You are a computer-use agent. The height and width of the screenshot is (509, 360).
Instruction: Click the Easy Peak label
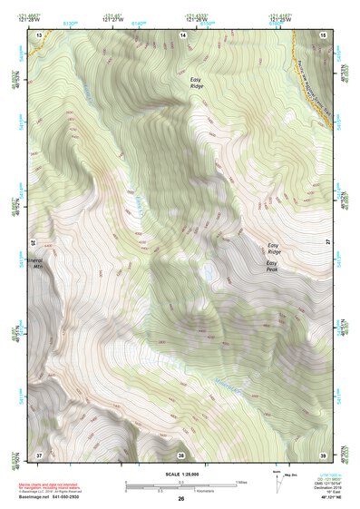coord(271,268)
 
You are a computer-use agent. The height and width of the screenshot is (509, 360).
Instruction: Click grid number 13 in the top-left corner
coord(39,34)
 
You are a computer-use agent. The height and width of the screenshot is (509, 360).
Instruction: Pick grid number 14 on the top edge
coord(182,34)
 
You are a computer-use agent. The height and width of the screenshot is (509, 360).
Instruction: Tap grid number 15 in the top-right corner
coord(324,34)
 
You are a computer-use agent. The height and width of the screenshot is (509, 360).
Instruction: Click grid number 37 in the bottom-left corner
coord(39,454)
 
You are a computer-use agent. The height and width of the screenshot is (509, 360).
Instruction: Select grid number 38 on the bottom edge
coord(180,455)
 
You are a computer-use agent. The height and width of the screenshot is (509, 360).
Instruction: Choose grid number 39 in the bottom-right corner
coord(323,454)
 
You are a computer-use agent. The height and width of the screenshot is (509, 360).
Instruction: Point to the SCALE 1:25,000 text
coord(180,475)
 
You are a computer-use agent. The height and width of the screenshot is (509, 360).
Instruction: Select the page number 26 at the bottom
coord(180,500)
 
